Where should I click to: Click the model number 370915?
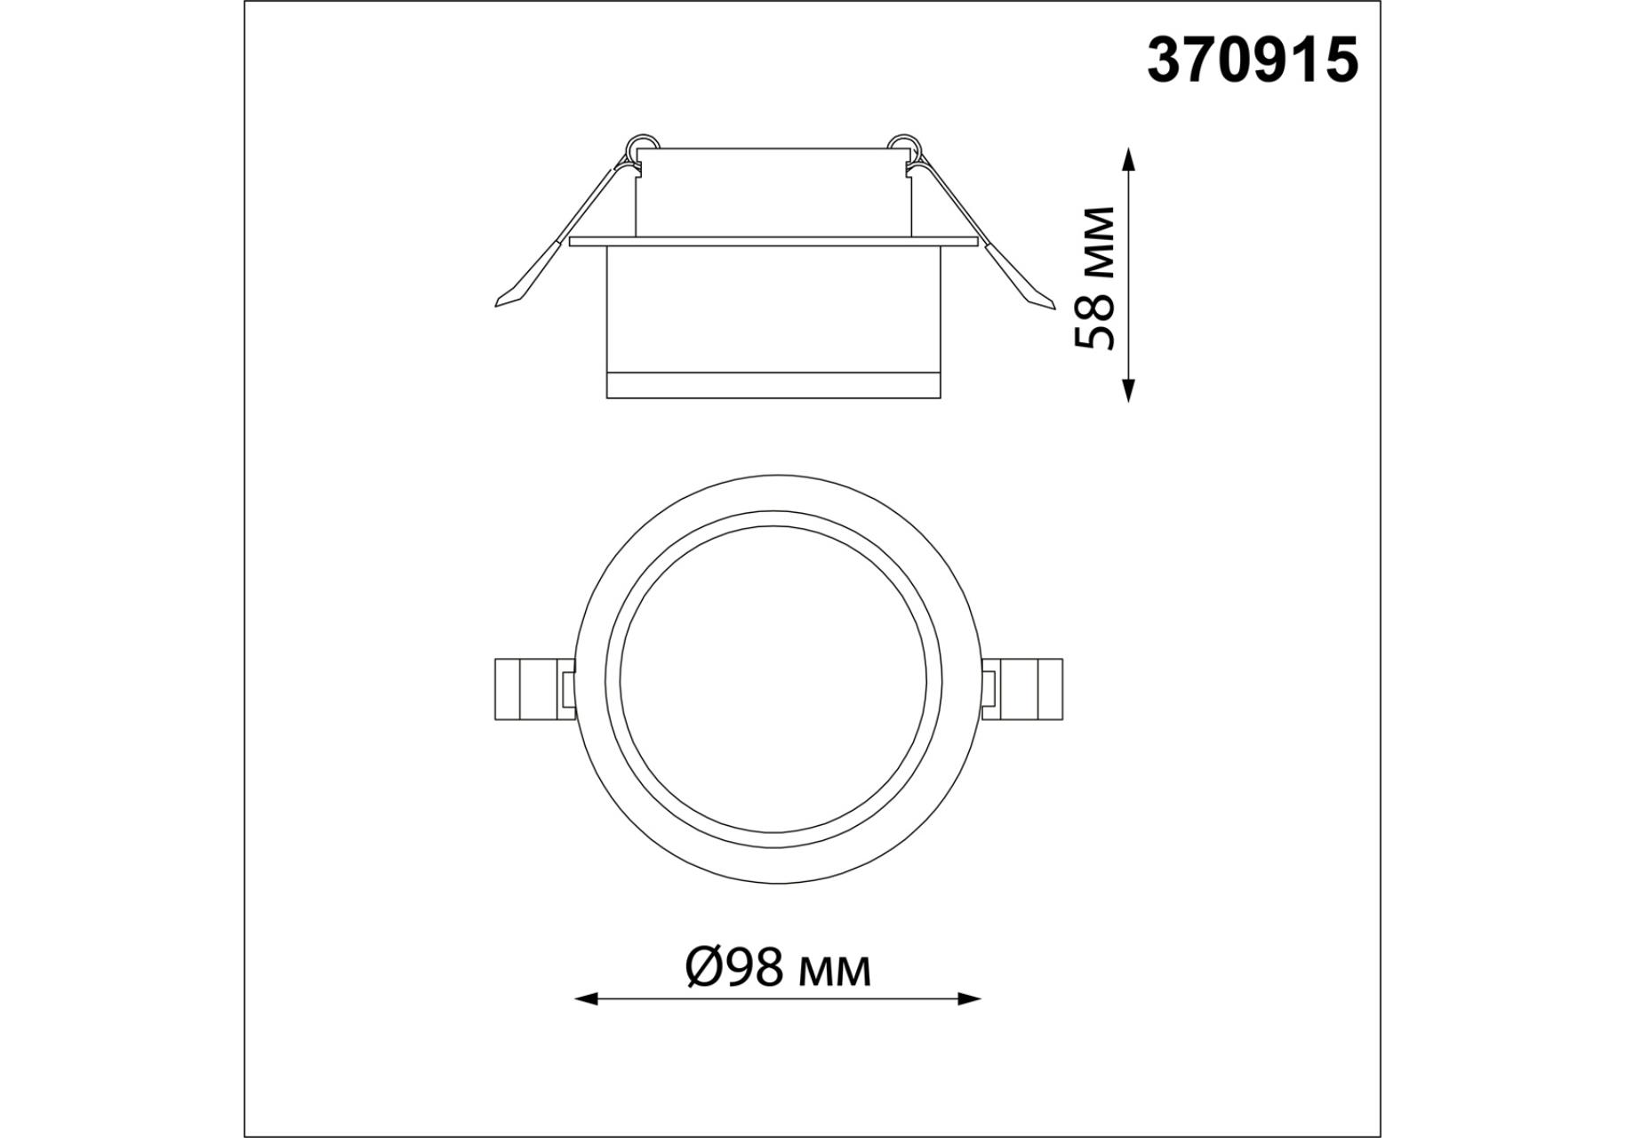[1253, 60]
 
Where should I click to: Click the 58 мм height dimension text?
[1094, 278]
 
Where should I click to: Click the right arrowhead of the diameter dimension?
[969, 999]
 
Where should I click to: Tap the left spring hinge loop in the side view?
[642, 147]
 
